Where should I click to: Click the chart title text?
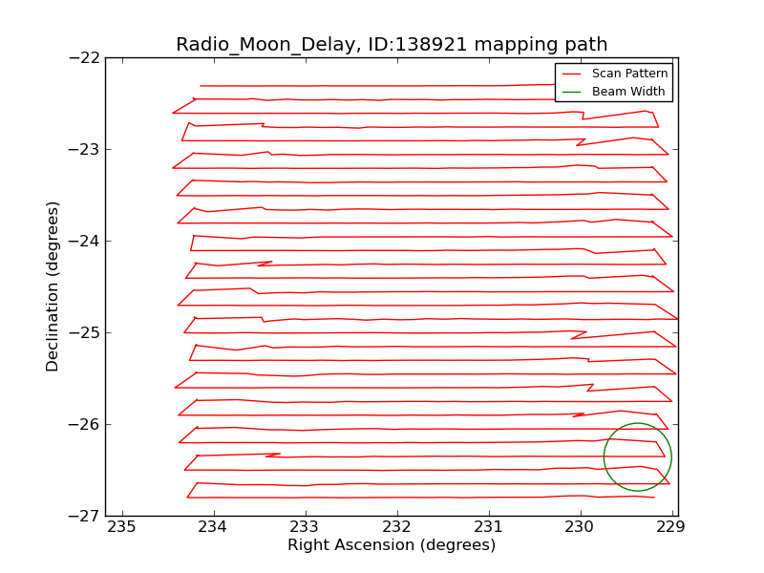click(x=392, y=45)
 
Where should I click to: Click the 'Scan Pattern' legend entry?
click(x=629, y=74)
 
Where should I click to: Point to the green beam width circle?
click(x=605, y=456)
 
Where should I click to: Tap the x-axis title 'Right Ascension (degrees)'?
click(x=392, y=545)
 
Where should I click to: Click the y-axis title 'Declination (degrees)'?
click(x=53, y=286)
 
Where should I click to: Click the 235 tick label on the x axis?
click(x=122, y=527)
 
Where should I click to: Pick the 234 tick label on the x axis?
click(x=214, y=527)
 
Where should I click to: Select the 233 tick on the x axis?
click(x=306, y=527)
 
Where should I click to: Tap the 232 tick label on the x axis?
click(x=397, y=527)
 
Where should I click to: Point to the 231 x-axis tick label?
click(x=489, y=527)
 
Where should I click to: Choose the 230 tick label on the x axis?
click(x=581, y=527)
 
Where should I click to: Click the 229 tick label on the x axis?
click(x=672, y=527)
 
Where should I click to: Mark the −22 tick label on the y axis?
click(x=84, y=57)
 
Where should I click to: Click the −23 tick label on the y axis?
click(x=84, y=149)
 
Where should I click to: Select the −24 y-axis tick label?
click(x=84, y=241)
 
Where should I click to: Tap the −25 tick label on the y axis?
click(x=84, y=332)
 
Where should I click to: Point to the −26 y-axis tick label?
click(x=84, y=424)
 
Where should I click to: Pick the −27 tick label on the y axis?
click(x=84, y=516)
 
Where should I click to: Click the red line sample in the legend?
click(x=571, y=74)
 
